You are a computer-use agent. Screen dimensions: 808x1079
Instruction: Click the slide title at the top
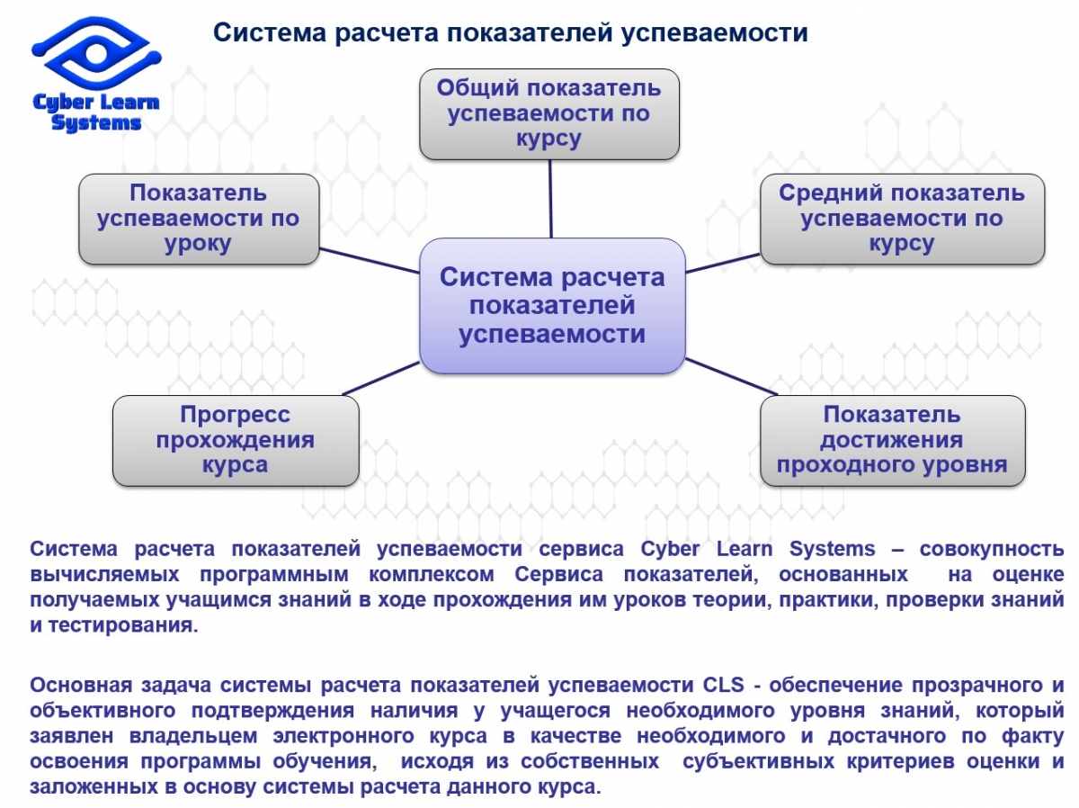510,33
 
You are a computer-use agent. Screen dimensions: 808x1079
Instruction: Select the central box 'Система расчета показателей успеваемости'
552,306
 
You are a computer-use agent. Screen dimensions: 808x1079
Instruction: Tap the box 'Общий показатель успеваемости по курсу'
548,113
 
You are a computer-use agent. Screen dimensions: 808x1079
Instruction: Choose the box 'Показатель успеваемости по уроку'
199,219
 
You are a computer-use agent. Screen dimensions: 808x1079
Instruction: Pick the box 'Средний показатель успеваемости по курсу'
902,219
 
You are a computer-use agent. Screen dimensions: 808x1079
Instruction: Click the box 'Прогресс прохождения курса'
235,440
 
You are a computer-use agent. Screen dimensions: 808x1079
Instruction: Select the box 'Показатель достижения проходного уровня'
892,440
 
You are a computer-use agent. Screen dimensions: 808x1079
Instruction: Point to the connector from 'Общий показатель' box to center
550,198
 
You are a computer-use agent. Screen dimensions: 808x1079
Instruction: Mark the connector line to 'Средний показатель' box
722,262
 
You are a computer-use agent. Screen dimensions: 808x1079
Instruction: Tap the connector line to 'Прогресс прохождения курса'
382,379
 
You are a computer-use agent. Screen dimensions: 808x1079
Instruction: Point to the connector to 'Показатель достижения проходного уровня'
730,376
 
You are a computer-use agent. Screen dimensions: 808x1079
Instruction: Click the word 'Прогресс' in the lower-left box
235,415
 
